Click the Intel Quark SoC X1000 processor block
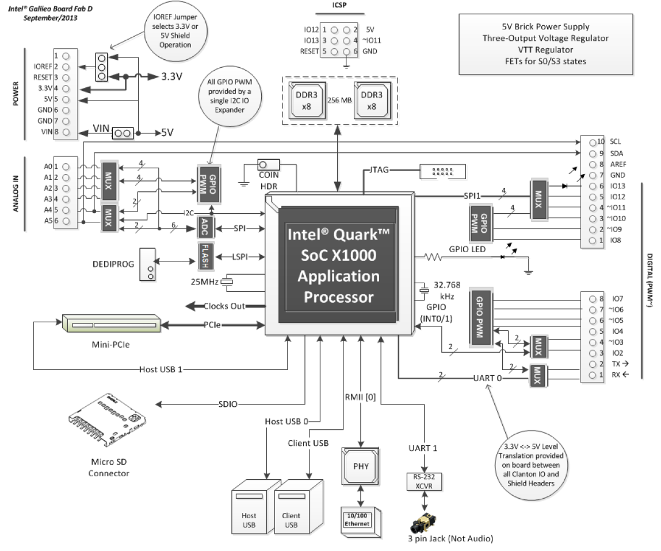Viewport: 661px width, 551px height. click(338, 265)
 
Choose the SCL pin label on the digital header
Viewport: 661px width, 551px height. click(615, 141)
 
